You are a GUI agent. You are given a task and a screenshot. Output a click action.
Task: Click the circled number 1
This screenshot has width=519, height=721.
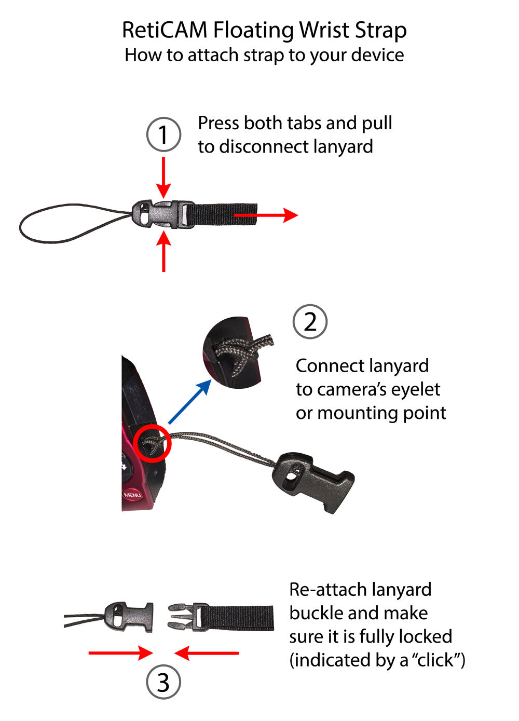point(163,134)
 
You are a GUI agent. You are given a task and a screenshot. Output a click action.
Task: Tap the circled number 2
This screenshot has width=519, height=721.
point(310,322)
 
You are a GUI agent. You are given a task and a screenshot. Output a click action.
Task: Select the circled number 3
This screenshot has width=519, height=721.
point(163,683)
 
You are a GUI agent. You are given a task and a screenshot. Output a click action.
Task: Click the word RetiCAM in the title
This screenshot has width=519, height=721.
point(165,30)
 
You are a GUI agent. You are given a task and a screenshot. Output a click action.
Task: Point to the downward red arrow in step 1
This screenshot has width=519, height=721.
point(163,176)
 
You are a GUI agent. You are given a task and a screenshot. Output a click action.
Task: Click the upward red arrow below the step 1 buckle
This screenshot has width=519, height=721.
point(163,252)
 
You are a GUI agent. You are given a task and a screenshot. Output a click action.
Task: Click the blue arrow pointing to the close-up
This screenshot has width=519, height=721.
point(190,401)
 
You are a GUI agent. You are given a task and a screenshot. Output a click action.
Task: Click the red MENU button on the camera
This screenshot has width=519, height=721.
point(132,495)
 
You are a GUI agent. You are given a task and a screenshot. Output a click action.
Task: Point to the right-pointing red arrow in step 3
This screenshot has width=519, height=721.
point(120,653)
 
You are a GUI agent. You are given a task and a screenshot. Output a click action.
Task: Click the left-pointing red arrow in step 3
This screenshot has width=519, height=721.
point(207,653)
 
